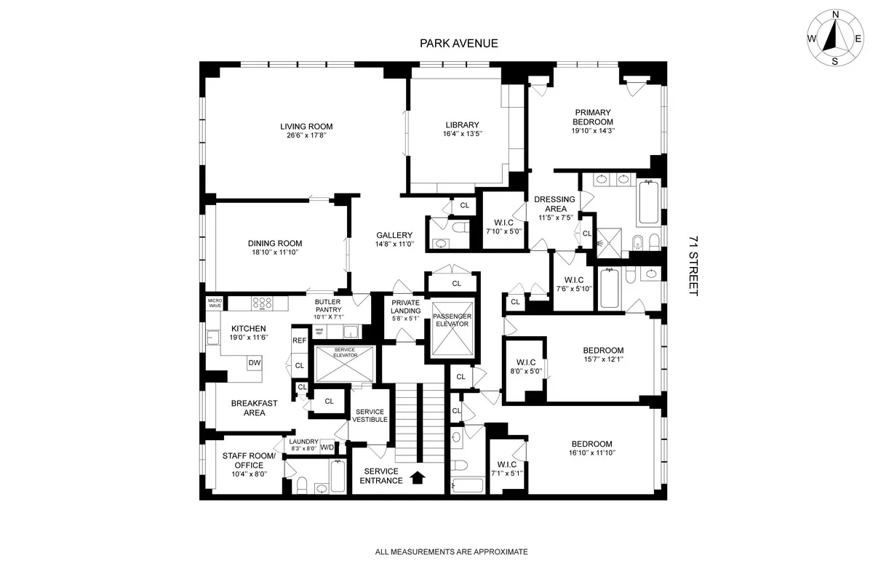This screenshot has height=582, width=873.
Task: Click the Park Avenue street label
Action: click(x=458, y=43)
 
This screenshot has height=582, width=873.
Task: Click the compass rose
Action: click(x=834, y=38)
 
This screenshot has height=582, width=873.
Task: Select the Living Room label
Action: click(x=306, y=127)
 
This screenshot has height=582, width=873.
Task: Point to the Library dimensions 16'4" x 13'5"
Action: click(x=462, y=134)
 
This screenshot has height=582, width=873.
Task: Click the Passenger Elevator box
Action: click(x=453, y=330)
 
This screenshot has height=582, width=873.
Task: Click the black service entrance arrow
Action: click(x=418, y=477)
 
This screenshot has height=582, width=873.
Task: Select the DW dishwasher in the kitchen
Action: click(x=254, y=362)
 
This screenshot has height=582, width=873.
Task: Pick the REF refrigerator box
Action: click(x=299, y=340)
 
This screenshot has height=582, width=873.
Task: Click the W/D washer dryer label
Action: click(x=327, y=447)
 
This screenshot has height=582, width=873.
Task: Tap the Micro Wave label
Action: click(x=215, y=303)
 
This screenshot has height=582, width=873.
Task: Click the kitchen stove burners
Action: click(x=262, y=303)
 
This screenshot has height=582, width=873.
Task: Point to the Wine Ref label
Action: click(x=319, y=332)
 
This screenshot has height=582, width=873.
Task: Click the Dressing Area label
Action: click(x=554, y=204)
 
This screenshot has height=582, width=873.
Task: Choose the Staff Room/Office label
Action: click(x=249, y=461)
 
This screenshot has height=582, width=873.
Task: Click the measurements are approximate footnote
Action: click(x=451, y=552)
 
